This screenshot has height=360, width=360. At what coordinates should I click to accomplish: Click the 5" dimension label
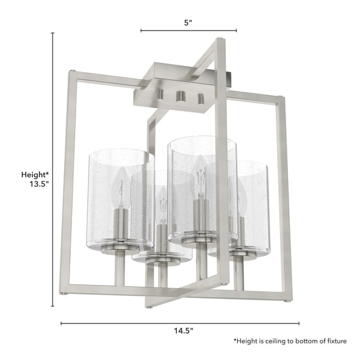click(x=189, y=23)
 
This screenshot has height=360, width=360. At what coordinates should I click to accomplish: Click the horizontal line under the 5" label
click(x=189, y=30)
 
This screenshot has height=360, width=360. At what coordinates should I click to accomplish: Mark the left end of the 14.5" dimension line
click(x=61, y=323)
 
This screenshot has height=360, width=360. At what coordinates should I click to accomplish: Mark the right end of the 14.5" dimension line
click(x=299, y=323)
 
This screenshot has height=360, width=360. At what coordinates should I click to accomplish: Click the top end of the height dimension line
click(x=52, y=34)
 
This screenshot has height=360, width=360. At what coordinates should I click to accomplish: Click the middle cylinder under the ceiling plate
click(x=180, y=96)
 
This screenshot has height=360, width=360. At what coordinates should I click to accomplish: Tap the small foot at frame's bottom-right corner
click(x=288, y=301)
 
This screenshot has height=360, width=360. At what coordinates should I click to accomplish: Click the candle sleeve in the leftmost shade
click(x=121, y=220)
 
